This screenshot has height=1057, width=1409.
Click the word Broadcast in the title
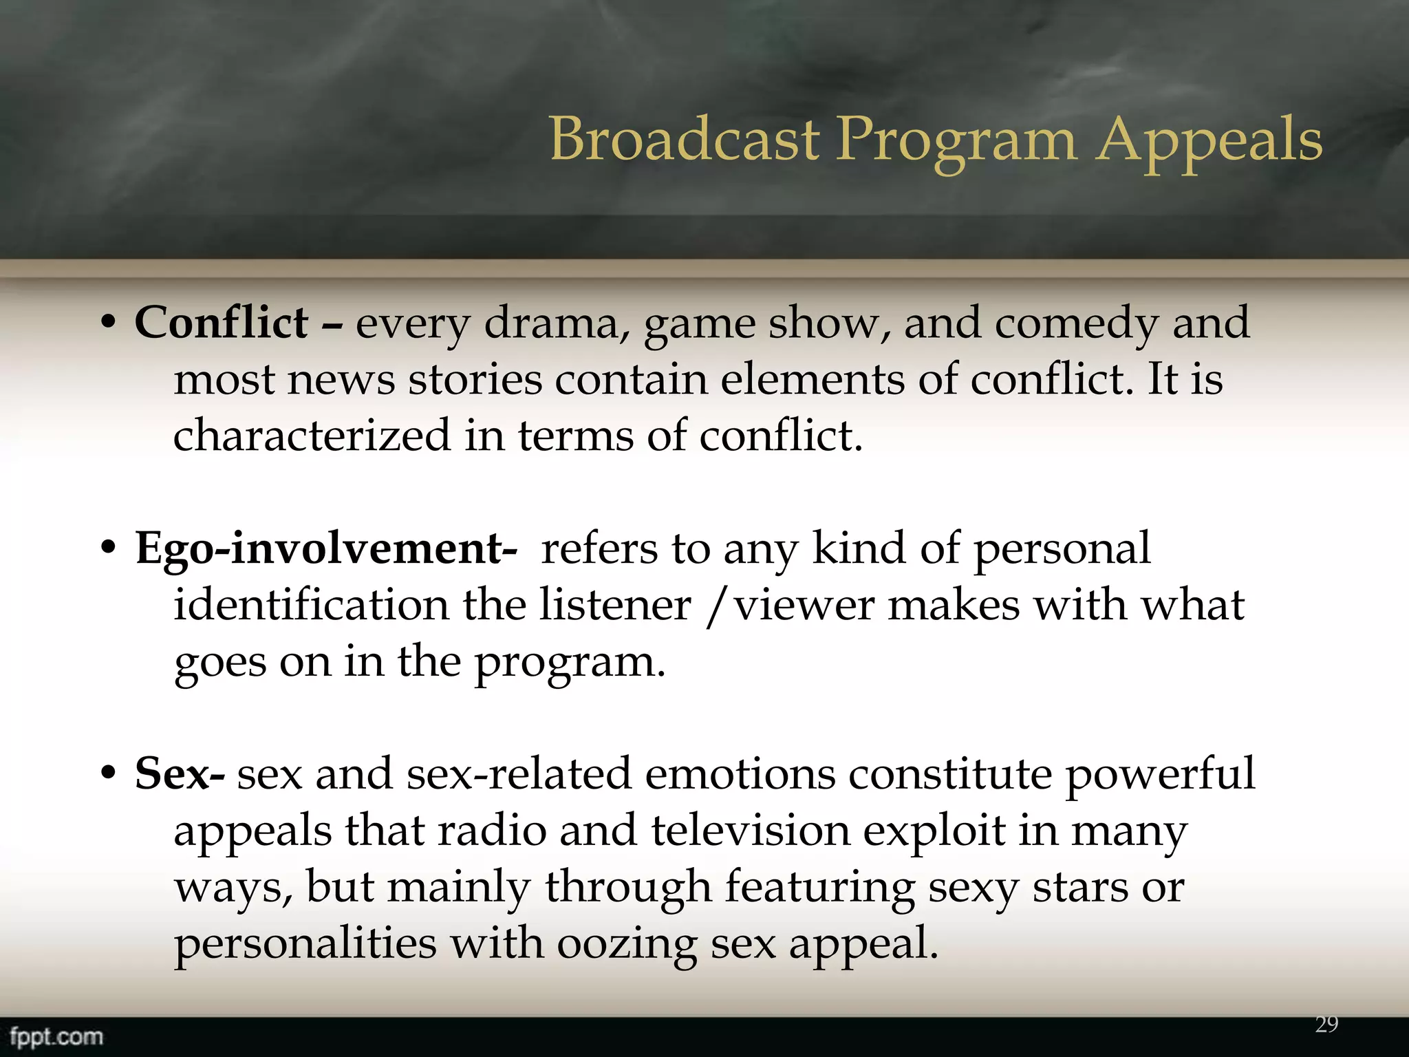coord(684,139)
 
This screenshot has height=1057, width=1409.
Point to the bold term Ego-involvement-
coord(326,548)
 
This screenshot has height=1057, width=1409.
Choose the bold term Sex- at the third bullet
coord(180,773)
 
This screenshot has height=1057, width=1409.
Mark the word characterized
coord(312,436)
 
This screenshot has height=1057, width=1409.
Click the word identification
coord(311,605)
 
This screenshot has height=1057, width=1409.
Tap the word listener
coord(614,605)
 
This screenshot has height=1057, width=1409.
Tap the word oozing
coord(627,944)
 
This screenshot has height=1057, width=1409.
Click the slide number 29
coord(1326,1025)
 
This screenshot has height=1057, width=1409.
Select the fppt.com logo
coord(56,1036)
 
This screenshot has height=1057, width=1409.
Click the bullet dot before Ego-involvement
coord(108,549)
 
